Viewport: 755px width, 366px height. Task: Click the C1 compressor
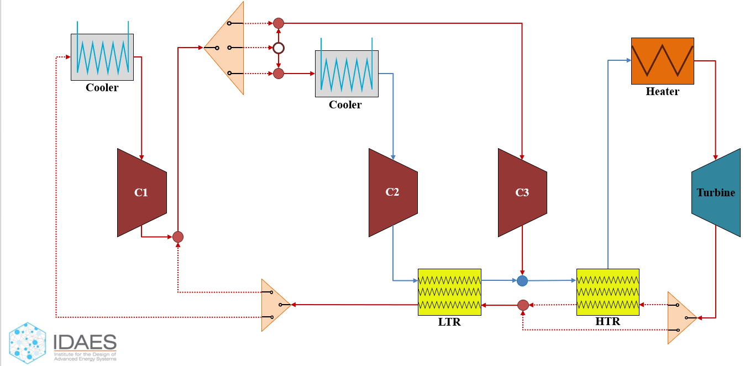[x=141, y=192]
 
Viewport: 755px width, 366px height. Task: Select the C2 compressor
[x=392, y=192]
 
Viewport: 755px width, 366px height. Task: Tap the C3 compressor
[x=522, y=192]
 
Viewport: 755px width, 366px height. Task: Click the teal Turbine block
[x=716, y=192]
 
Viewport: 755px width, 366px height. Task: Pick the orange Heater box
[x=662, y=61]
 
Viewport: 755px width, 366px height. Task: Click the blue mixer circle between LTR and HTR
[x=522, y=281]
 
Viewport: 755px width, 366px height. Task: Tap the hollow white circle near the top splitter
[x=279, y=48]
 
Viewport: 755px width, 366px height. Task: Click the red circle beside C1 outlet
[x=178, y=237]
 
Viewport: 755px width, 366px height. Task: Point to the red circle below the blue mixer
[x=523, y=305]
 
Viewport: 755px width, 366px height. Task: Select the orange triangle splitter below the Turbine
[x=680, y=318]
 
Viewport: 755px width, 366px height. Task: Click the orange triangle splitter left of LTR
[x=275, y=305]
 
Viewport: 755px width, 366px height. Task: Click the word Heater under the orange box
[x=662, y=92]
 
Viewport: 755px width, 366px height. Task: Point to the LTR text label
[x=449, y=322]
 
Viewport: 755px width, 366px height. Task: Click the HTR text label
[x=607, y=322]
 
